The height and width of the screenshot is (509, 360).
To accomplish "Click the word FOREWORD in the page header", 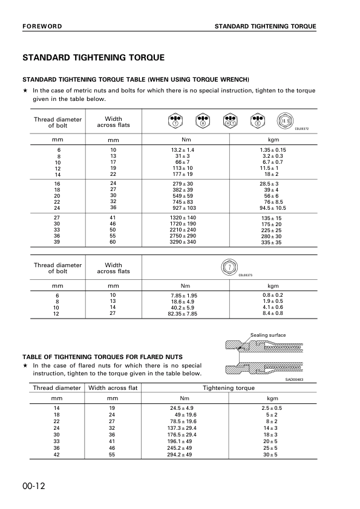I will click(x=42, y=27).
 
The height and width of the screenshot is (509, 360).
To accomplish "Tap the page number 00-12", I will click(x=35, y=487).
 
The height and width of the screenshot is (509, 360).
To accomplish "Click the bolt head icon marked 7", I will click(x=229, y=267).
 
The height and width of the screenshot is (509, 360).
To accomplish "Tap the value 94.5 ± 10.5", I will click(x=273, y=207).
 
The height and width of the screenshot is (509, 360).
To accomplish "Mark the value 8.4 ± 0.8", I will click(x=273, y=314).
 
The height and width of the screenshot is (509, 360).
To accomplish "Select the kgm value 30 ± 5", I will click(x=273, y=454).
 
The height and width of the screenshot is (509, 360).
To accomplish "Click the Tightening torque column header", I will click(x=229, y=387).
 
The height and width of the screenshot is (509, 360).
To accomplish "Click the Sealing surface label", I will click(x=268, y=335).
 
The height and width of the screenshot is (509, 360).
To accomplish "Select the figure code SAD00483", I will click(x=294, y=379).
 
